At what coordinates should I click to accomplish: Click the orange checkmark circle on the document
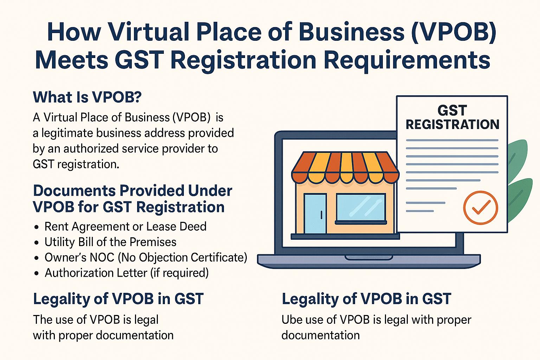(x=480, y=207)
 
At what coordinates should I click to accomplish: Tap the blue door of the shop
(x=315, y=213)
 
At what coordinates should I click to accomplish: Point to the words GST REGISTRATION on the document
(x=452, y=117)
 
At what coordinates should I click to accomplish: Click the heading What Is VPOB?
(x=87, y=97)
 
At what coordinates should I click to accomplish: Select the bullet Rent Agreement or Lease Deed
(x=125, y=226)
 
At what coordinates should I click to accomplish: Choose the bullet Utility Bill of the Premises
(x=110, y=242)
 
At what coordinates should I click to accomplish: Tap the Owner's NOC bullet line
(x=146, y=257)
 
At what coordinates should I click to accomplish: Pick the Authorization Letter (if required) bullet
(x=127, y=273)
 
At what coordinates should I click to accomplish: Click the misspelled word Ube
(x=291, y=320)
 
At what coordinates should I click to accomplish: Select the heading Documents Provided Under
(x=132, y=191)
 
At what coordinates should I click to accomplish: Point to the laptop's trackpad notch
(x=369, y=258)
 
